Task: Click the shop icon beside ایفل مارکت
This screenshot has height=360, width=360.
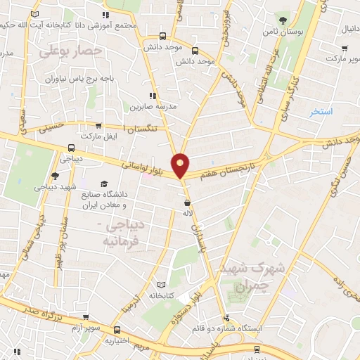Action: click(109, 134)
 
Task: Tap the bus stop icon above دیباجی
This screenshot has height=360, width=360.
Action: click(71, 148)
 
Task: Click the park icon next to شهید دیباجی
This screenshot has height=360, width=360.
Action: click(56, 176)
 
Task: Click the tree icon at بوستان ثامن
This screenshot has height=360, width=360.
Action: click(282, 20)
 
